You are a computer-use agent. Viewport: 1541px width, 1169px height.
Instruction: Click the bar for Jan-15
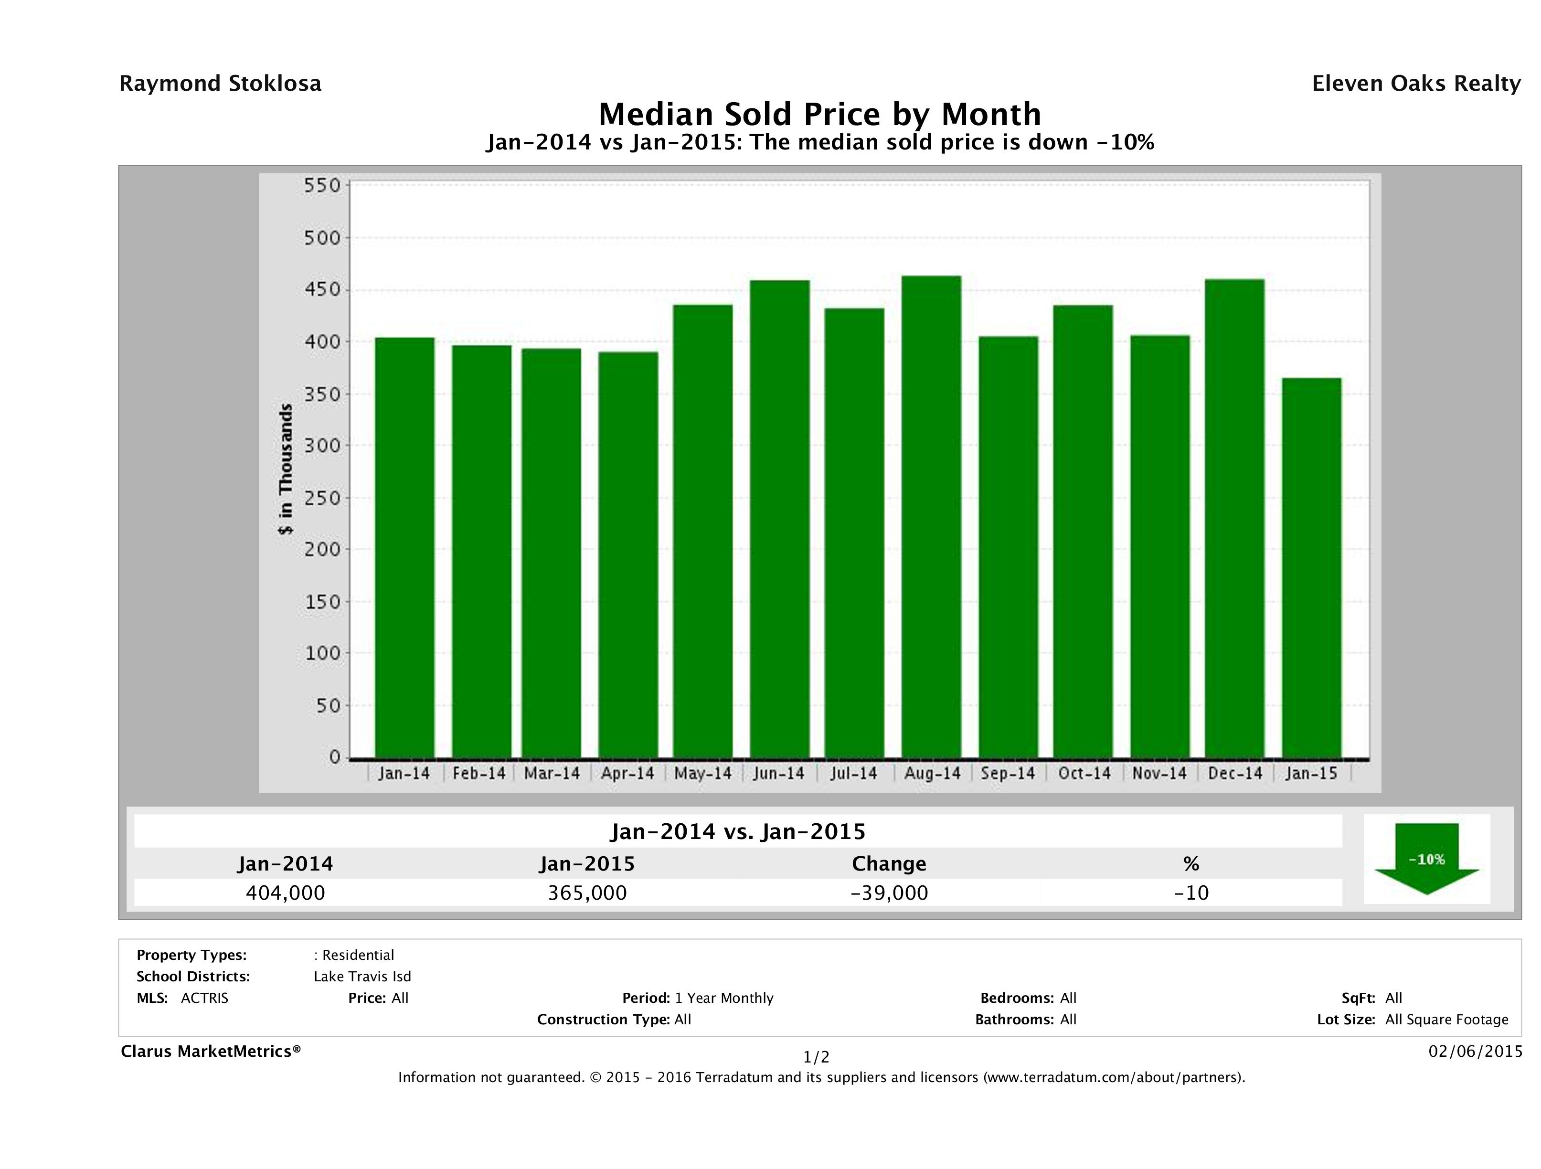(x=1311, y=568)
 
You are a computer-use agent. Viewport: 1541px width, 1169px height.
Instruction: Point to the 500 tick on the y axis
(x=322, y=238)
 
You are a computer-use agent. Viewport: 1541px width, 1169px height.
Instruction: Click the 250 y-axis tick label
(x=322, y=498)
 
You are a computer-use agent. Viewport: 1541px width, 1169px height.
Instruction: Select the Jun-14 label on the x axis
(x=779, y=773)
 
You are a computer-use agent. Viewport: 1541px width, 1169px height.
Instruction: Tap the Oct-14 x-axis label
(x=1084, y=773)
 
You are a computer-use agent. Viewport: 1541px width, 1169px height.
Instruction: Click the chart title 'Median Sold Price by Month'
(x=819, y=114)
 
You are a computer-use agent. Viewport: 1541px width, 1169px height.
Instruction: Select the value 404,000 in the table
(x=286, y=893)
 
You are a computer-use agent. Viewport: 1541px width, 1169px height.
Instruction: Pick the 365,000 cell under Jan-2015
(x=587, y=893)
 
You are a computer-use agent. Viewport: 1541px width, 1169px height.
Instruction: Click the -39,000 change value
(x=890, y=893)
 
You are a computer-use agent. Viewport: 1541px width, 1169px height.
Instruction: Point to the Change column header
(x=889, y=864)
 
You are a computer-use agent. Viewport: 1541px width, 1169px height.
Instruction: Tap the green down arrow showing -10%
(x=1426, y=859)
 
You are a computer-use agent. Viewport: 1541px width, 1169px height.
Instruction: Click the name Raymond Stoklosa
(x=220, y=84)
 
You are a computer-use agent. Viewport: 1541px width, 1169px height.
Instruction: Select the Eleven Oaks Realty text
(x=1415, y=84)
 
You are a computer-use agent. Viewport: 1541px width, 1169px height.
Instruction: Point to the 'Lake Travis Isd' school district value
(x=362, y=977)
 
